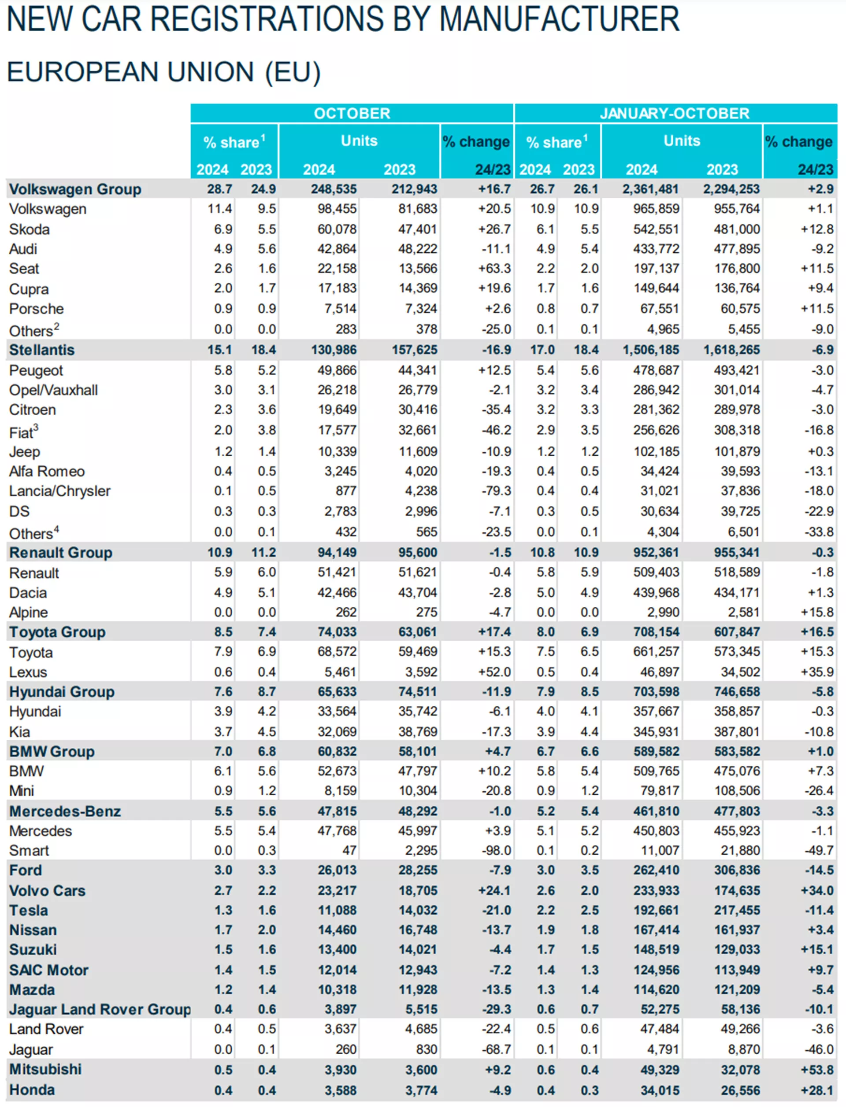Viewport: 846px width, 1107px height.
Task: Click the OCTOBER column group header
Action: [352, 113]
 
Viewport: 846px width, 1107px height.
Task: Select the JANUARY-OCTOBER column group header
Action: [675, 113]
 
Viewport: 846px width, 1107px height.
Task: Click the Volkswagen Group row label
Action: [75, 189]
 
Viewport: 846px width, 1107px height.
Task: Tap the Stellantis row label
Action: [42, 350]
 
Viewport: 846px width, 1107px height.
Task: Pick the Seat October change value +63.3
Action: [494, 268]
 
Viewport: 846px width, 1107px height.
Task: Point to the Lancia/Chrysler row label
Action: [59, 491]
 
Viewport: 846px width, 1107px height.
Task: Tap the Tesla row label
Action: [29, 910]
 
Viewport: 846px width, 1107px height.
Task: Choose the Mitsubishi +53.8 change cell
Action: [817, 1070]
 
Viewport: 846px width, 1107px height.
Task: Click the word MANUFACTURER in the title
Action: [559, 19]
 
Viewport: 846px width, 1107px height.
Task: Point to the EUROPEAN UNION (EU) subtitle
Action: [163, 72]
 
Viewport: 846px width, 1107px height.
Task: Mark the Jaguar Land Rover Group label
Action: [100, 1009]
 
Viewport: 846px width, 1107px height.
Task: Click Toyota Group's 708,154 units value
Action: [656, 631]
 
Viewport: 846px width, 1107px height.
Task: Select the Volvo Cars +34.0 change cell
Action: [817, 890]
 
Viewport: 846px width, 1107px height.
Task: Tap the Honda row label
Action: [32, 1090]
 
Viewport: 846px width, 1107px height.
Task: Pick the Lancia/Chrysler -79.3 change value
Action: [496, 491]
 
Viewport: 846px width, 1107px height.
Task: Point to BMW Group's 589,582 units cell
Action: [656, 751]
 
